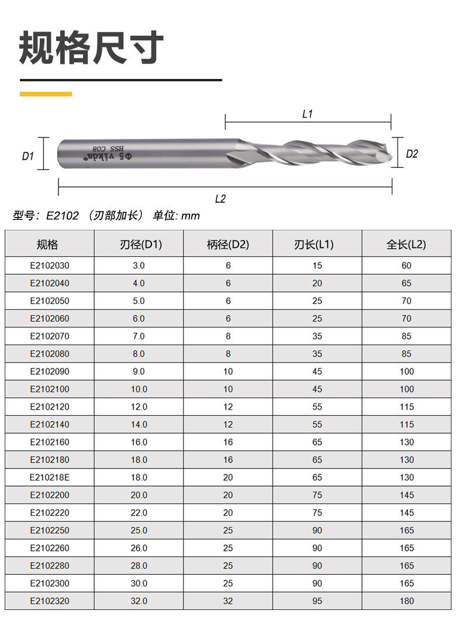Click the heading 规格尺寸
91,49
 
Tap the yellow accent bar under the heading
46,94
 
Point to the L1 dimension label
308,114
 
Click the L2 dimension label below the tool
220,199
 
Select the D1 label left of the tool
27,156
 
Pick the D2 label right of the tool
412,154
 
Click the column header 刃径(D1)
139,244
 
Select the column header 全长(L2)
406,244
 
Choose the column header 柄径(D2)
228,244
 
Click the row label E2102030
50,265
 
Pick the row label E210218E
50,477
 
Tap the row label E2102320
50,601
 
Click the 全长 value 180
406,601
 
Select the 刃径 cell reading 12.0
139,406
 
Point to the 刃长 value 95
317,601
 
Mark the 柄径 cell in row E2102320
228,601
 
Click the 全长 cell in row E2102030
406,265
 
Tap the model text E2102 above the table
62,216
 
